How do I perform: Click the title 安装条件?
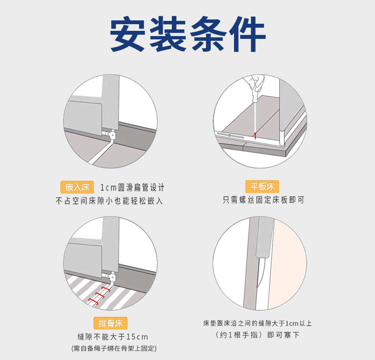point(188,34)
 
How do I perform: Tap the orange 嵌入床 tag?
point(77,187)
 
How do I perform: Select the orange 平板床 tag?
point(262,186)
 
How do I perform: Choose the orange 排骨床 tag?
point(111,323)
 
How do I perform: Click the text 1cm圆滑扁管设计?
point(132,188)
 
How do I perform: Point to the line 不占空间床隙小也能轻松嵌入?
point(109,201)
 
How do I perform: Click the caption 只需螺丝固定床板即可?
point(263,200)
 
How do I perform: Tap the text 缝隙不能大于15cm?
point(113,337)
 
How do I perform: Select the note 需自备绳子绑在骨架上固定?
point(114,348)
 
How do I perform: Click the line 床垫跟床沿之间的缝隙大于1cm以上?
point(258,323)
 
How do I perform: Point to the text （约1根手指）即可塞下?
point(258,335)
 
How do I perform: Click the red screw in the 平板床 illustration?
point(255,136)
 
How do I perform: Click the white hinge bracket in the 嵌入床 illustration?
point(111,134)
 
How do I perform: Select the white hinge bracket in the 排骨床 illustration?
point(111,277)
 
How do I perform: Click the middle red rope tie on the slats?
point(100,295)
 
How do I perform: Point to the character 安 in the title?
point(128,34)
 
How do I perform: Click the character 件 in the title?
point(247,34)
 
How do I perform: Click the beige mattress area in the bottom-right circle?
point(288,263)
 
